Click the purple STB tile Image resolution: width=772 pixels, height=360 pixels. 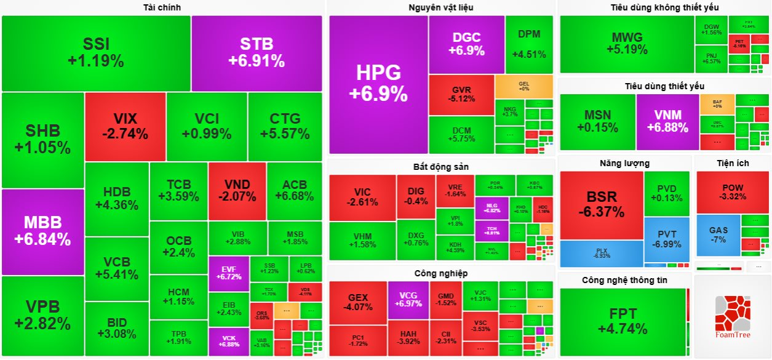coord(257,53)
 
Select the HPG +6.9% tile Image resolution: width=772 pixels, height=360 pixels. coord(378,84)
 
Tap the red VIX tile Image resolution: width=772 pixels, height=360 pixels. coord(125,126)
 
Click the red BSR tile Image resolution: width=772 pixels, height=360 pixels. coord(602,204)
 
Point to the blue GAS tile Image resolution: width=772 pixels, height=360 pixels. coord(718,235)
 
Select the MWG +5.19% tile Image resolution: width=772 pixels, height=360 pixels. coord(627,44)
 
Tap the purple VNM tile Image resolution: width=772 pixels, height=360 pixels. coord(667,121)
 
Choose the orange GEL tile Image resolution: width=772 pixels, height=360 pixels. coord(523,86)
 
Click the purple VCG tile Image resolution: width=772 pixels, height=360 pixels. coord(408,300)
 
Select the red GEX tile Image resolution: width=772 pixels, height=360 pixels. coord(358,300)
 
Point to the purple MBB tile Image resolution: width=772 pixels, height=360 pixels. coord(43,231)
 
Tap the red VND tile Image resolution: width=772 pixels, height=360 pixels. coord(237,191)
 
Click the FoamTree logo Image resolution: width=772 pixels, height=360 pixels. coord(732,318)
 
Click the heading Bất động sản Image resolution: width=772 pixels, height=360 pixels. coord(440,167)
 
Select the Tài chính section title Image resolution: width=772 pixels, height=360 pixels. coord(162,7)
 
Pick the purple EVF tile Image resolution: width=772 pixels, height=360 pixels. coord(228,273)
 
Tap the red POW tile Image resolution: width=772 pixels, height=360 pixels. coord(733,192)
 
